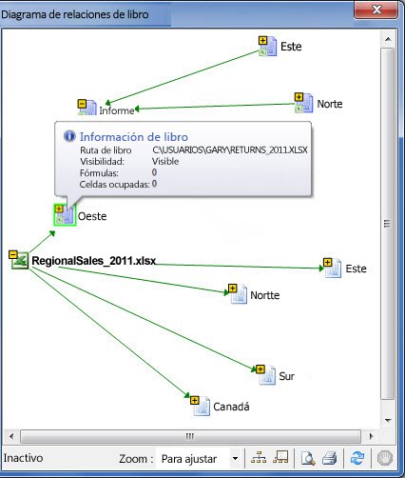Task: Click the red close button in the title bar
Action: [x=376, y=10]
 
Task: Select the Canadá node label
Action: [x=231, y=407]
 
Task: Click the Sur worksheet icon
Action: [x=265, y=374]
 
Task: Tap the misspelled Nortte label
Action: [x=265, y=295]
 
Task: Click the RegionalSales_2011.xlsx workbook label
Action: [x=94, y=261]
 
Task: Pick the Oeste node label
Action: [x=92, y=216]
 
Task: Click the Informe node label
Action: [x=117, y=110]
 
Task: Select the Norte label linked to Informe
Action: [x=330, y=104]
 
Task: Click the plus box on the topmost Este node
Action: [x=262, y=41]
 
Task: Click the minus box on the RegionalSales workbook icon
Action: [x=13, y=254]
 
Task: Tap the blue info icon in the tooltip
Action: [x=69, y=136]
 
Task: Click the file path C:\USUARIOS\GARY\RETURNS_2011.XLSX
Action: [x=230, y=149]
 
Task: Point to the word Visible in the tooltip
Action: [x=165, y=161]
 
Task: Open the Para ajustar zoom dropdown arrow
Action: [x=235, y=458]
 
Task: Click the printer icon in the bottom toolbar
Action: [x=330, y=458]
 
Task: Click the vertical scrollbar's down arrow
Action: [x=388, y=421]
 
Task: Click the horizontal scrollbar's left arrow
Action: [x=11, y=436]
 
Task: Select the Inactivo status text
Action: [x=23, y=458]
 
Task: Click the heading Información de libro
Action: [x=134, y=137]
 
